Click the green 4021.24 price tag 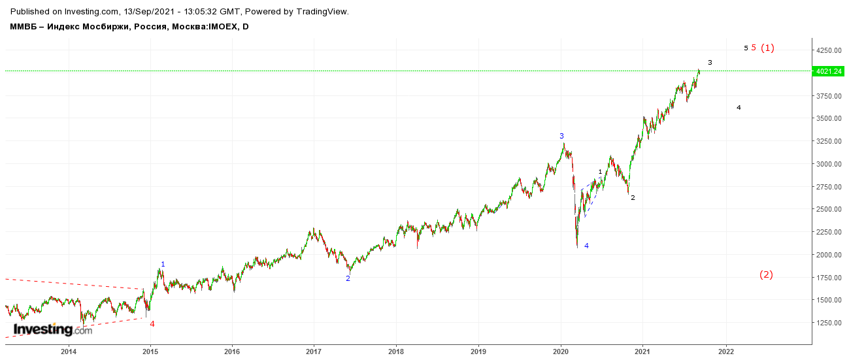pyautogui.click(x=828, y=71)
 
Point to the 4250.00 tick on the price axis pyautogui.click(x=829, y=50)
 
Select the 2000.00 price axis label pyautogui.click(x=829, y=255)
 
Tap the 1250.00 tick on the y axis pyautogui.click(x=829, y=323)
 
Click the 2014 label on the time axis pyautogui.click(x=69, y=352)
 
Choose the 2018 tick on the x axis pyautogui.click(x=396, y=352)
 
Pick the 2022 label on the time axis pyautogui.click(x=726, y=352)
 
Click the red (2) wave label pyautogui.click(x=766, y=274)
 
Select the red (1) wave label pyautogui.click(x=767, y=48)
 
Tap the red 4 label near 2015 pyautogui.click(x=152, y=324)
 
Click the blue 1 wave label pyautogui.click(x=163, y=264)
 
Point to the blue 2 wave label pyautogui.click(x=348, y=278)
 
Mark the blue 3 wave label pyautogui.click(x=561, y=136)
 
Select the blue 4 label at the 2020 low pyautogui.click(x=586, y=246)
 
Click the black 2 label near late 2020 pyautogui.click(x=633, y=198)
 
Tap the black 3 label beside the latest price pyautogui.click(x=710, y=63)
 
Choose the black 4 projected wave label pyautogui.click(x=739, y=108)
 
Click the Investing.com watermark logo pyautogui.click(x=53, y=330)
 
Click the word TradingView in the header pyautogui.click(x=322, y=12)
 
